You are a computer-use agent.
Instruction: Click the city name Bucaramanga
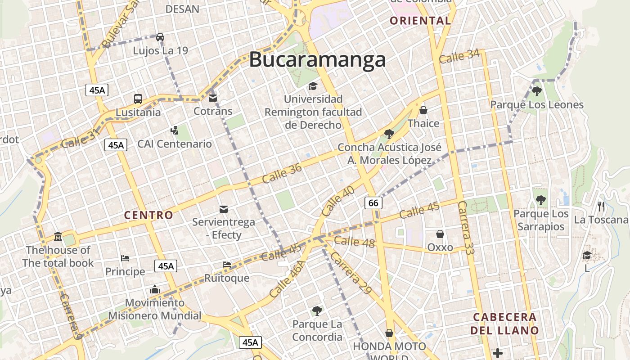317,59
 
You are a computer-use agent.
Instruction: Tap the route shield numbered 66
373,203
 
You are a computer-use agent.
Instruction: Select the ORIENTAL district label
420,21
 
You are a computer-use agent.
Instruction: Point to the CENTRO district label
148,215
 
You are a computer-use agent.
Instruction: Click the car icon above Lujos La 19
160,37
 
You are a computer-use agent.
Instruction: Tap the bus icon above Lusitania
138,99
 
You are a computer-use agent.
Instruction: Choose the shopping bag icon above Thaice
423,110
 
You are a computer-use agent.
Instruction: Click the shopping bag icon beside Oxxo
440,234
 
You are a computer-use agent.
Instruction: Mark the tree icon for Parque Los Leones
536,91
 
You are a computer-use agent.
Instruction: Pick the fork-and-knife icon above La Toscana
601,207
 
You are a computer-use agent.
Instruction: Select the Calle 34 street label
459,56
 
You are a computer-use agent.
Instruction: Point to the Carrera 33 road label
466,228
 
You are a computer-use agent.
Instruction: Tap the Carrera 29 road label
351,273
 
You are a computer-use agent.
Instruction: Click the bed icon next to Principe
125,258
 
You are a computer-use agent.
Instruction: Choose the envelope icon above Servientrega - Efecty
223,209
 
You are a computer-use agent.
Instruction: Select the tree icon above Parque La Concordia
317,310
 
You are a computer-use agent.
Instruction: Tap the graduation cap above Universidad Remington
313,86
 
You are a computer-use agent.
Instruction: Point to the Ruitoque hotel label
227,278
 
